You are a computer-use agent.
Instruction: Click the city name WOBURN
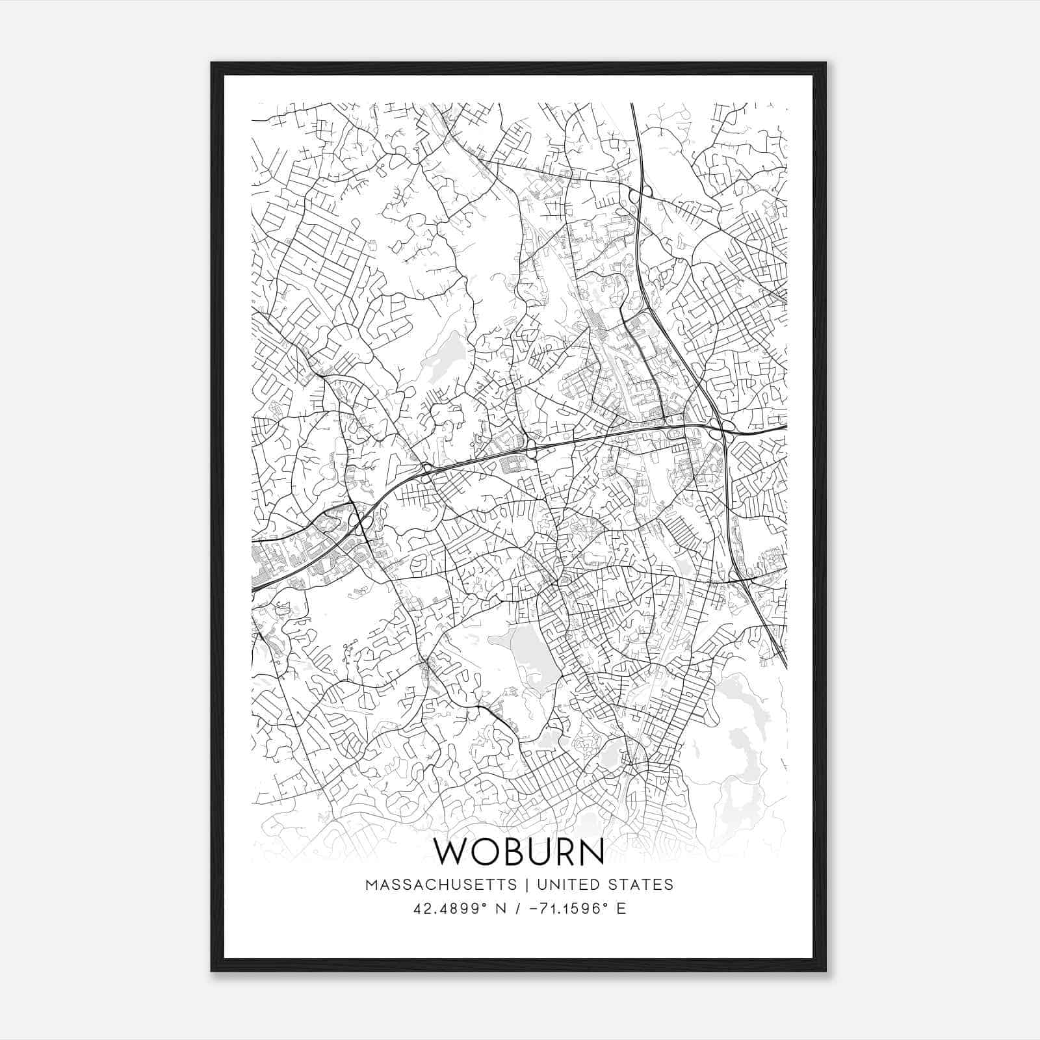coord(519,851)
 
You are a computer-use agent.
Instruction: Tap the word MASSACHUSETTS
coord(441,885)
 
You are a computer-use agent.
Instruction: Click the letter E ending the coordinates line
coord(622,909)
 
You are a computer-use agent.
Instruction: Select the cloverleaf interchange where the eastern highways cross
coord(722,428)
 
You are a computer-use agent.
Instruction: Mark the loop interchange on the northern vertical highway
coord(640,194)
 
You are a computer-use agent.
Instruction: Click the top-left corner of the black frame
coord(212,63)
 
